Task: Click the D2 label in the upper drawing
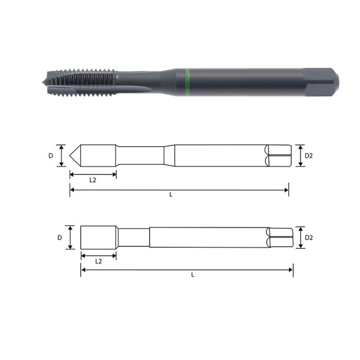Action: pos(309,155)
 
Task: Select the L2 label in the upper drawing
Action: pos(93,181)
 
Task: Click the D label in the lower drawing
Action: pos(60,238)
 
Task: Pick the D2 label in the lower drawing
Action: pos(309,238)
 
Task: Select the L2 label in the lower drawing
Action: pos(98,261)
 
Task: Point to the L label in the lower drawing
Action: pos(192,275)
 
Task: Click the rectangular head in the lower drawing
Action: pos(98,237)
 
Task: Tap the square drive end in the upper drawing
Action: pos(278,155)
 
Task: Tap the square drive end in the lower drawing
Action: pos(280,238)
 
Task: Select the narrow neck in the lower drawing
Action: pos(134,238)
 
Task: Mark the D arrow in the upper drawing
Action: pos(62,155)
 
